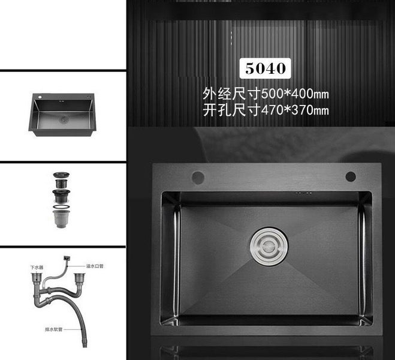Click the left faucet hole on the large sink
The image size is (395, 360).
click(197, 176)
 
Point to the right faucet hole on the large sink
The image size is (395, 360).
click(351, 176)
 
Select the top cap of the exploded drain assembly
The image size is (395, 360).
click(62, 176)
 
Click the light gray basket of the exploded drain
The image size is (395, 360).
click(62, 220)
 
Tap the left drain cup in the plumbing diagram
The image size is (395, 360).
click(37, 278)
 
